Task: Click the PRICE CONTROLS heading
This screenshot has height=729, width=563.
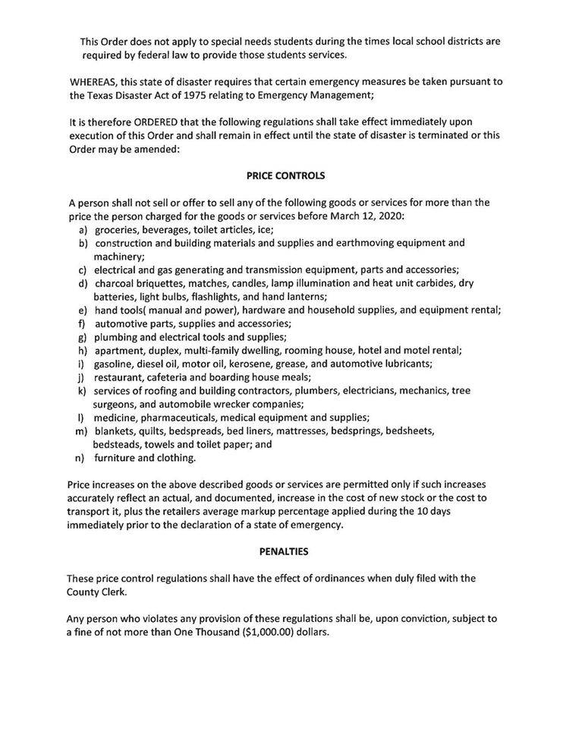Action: click(286, 175)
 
